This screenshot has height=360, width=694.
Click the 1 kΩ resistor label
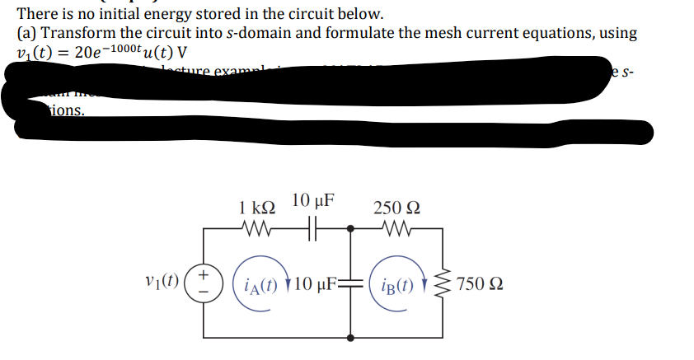[x=256, y=206]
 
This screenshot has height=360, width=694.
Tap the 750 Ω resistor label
[x=482, y=285]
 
